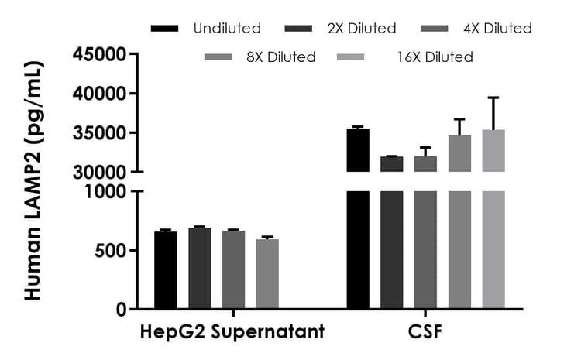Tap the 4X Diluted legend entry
(497, 29)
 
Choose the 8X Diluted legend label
(281, 57)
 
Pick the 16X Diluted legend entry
(435, 57)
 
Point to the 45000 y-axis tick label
(99, 55)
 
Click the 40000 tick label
(99, 94)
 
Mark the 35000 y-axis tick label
(99, 133)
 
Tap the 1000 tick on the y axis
(105, 191)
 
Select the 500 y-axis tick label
(110, 250)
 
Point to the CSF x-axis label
(425, 333)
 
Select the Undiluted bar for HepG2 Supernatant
(166, 270)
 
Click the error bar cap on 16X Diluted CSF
(493, 98)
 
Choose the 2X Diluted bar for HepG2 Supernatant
(200, 269)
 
